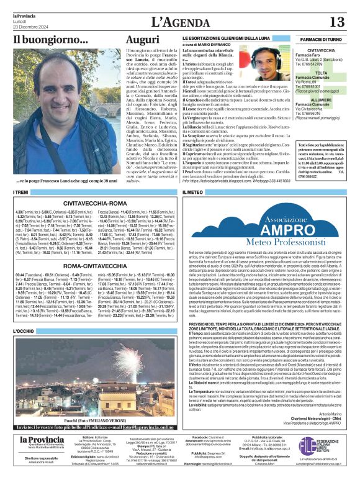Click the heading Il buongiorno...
pyautogui.click(x=51, y=40)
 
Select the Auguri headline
pyautogui.click(x=142, y=40)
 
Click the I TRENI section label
pyautogui.click(x=21, y=193)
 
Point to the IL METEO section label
pyautogui.click(x=193, y=193)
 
